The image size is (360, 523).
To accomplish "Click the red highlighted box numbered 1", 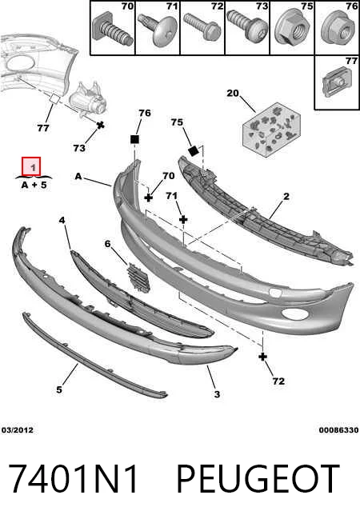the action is point(31,166).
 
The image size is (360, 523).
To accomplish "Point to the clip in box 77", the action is point(336,82).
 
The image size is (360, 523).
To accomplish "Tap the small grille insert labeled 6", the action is point(138,277).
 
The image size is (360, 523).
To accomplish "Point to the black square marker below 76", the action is point(134,139).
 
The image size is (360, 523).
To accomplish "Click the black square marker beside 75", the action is point(194,152).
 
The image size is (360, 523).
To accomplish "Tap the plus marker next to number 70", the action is point(149,198).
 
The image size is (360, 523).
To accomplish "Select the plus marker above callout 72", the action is point(263,357).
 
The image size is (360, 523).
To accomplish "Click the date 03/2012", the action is point(18,430).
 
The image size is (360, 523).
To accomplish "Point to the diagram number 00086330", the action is point(338,430).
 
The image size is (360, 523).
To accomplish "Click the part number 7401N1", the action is point(73,479).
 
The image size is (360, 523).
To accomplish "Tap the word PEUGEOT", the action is point(258,479).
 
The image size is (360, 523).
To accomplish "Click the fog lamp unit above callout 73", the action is point(87,100).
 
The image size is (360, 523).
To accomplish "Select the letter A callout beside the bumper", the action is point(78,176).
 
